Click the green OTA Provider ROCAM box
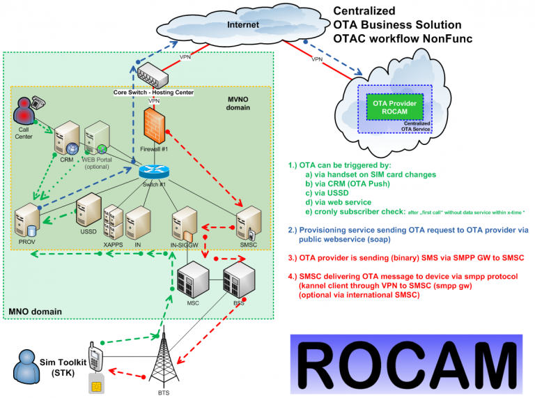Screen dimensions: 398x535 pos(394,109)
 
